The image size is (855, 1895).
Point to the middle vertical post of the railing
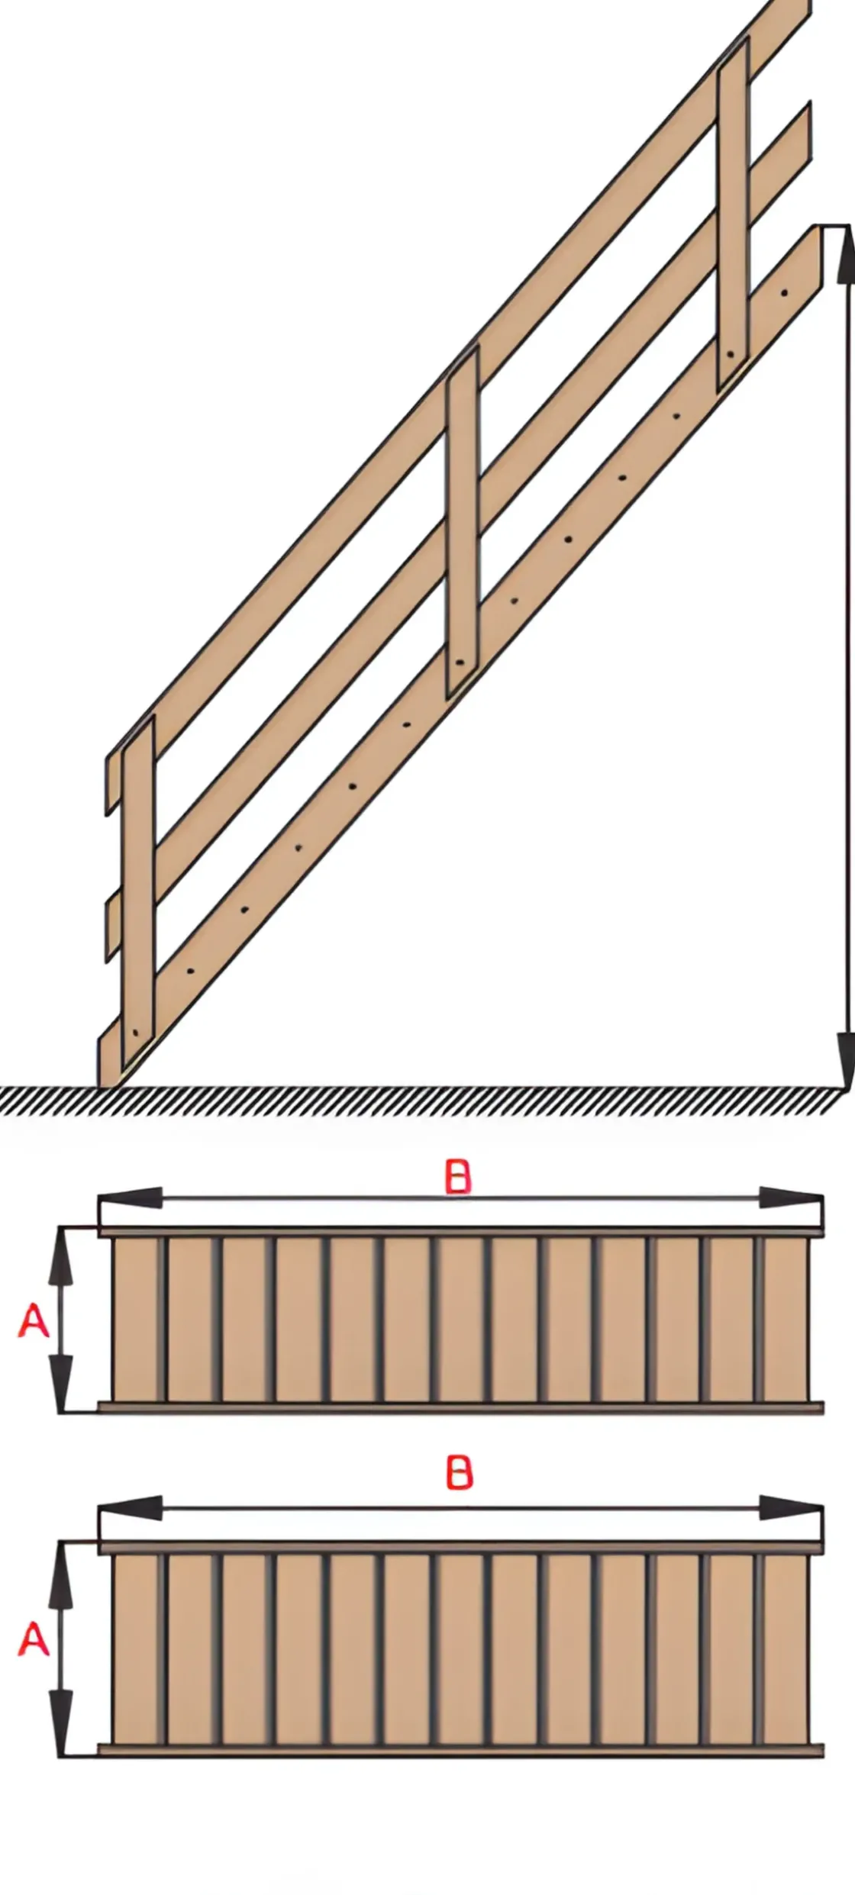463,519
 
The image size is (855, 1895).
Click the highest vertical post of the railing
732,214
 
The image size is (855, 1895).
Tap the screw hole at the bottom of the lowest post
135,1033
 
